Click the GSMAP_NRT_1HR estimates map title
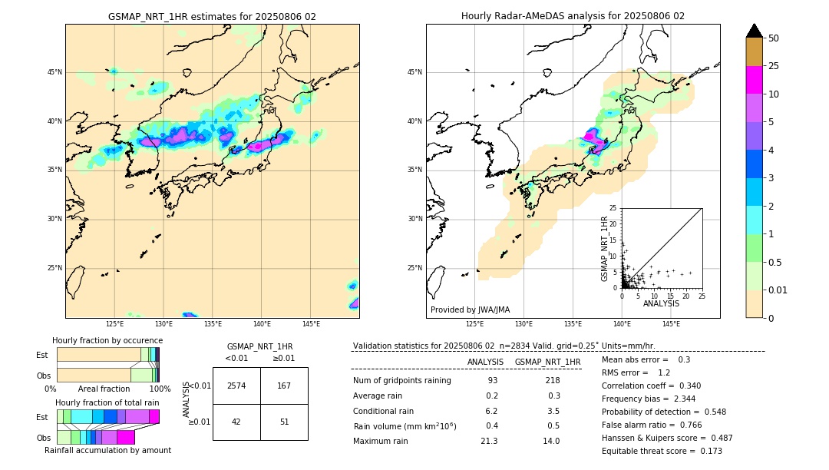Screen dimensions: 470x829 click(x=212, y=16)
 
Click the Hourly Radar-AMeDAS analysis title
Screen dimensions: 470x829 click(x=573, y=16)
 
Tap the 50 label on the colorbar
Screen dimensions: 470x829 click(x=774, y=38)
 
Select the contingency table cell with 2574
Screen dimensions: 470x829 click(x=236, y=386)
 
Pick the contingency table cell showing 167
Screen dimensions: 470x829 click(x=284, y=386)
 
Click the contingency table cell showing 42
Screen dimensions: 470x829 click(x=236, y=422)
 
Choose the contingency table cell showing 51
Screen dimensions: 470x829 click(x=284, y=422)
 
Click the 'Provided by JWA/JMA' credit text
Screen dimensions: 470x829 click(x=470, y=310)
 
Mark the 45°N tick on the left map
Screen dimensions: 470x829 click(x=54, y=72)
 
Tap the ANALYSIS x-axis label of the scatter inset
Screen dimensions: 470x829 click(x=661, y=303)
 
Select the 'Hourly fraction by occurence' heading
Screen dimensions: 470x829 click(x=107, y=340)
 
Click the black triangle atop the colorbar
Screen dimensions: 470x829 click(x=755, y=31)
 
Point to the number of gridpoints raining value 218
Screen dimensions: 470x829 click(x=552, y=380)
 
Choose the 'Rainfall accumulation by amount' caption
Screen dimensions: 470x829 click(x=107, y=450)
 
